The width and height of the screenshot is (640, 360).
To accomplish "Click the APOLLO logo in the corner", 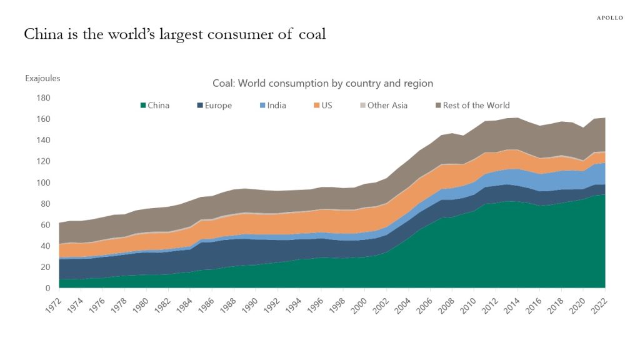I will pos(609,17).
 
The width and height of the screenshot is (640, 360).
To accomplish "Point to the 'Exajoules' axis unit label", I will pos(42,79).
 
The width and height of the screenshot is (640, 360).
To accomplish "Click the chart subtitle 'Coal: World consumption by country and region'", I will pos(322,83).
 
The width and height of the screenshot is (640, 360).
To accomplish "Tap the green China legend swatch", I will pos(142,106).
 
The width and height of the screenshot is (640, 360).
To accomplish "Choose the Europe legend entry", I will pos(213,106).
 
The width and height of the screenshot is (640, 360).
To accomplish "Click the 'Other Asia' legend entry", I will pos(382,106).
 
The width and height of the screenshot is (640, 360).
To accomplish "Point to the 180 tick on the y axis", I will pos(43,98).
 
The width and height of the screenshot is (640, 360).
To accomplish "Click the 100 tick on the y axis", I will pos(43,182).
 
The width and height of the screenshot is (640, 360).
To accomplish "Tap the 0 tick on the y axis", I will pos(47,288).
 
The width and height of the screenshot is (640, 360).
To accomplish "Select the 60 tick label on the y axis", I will pos(45,225).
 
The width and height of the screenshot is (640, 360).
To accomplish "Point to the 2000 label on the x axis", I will pos(358,304).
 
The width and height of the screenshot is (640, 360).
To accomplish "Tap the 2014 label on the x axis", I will pos(511,304).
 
